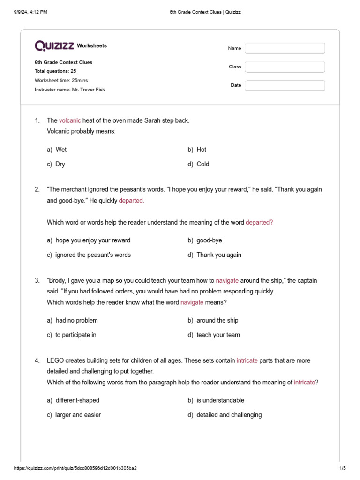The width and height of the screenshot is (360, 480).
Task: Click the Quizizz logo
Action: pos(54,45)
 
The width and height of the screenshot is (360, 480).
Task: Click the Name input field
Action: pos(285,48)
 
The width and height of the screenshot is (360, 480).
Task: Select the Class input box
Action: pos(285,67)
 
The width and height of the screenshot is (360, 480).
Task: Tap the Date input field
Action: pos(285,85)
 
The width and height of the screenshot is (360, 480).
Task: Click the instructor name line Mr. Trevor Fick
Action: pos(70,90)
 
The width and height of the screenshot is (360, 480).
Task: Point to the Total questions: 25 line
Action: pos(55,71)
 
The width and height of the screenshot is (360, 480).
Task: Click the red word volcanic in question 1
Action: pos(70,120)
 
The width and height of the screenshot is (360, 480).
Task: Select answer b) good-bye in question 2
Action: pos(205,240)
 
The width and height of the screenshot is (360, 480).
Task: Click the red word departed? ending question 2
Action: pos(259,222)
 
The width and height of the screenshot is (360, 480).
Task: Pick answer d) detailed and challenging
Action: pos(225,415)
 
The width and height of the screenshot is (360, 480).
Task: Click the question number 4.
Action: pos(37,360)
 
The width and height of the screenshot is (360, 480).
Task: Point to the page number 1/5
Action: pos(342,468)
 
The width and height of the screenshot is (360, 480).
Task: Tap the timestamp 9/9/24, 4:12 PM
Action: pos(31,12)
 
